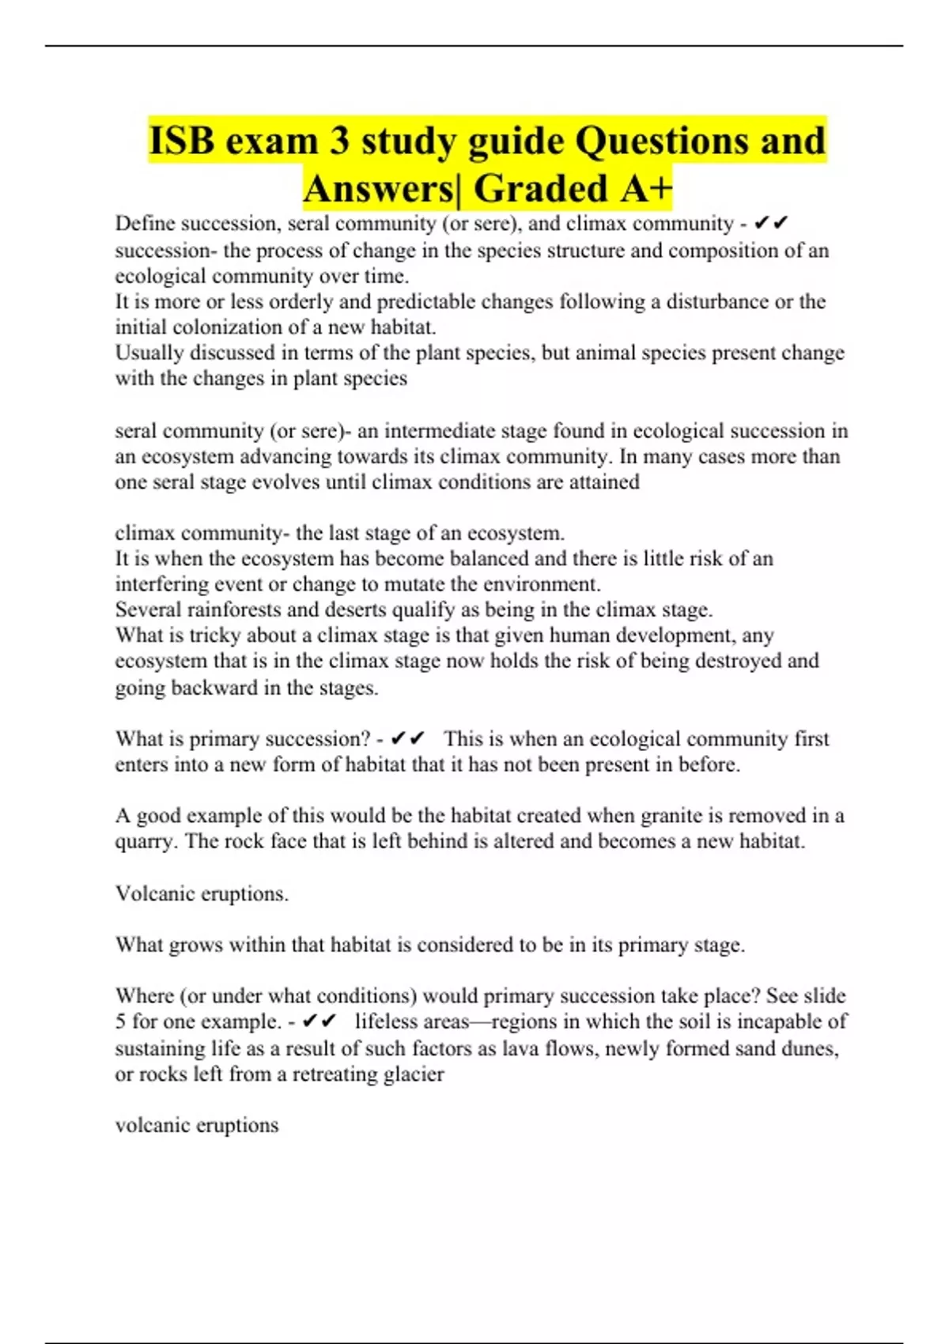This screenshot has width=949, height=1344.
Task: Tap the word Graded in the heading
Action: coord(540,188)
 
